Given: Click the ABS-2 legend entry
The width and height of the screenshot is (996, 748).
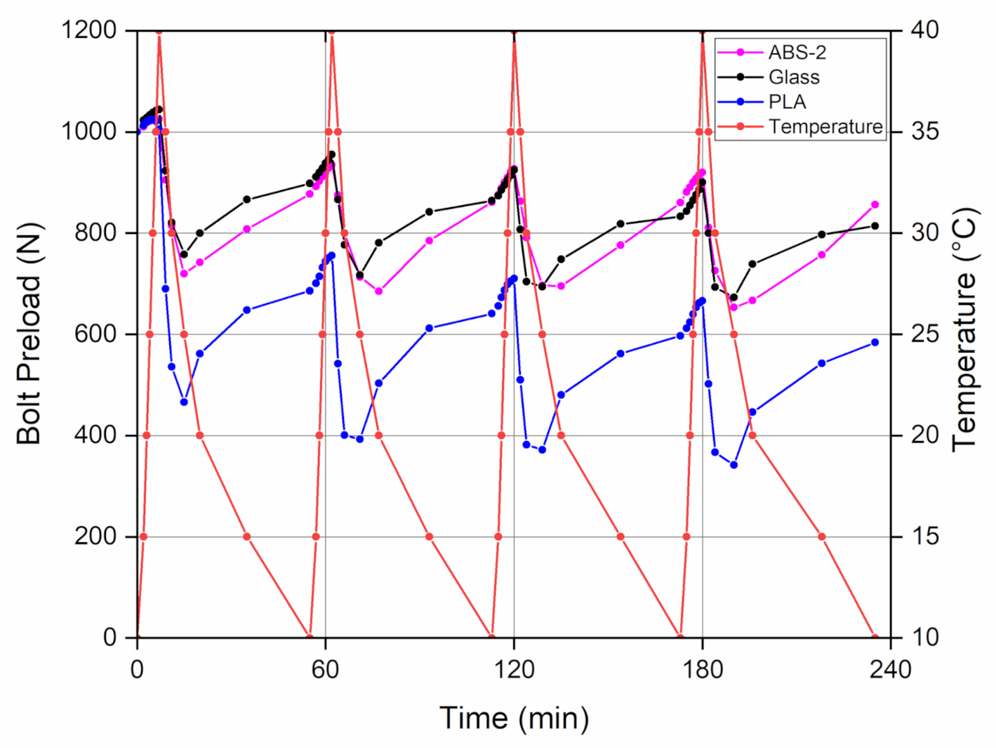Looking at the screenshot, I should (x=797, y=53).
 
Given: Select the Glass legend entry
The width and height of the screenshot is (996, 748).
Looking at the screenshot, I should (x=794, y=77).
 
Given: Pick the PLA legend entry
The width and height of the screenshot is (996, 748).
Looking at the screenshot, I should (x=787, y=102).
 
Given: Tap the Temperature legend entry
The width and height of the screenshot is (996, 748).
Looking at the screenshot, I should (x=825, y=127).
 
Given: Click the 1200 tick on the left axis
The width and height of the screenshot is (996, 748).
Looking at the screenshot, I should (x=89, y=30).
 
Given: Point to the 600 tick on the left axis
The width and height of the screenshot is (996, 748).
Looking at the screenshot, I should (x=95, y=334).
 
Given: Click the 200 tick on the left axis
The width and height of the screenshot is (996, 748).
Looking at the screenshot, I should (x=95, y=536).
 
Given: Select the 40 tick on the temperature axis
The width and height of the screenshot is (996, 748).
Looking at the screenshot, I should (x=924, y=30).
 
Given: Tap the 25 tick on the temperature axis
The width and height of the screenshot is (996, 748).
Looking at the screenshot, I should (x=924, y=334).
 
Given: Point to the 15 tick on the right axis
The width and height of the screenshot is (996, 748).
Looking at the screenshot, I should (x=924, y=536).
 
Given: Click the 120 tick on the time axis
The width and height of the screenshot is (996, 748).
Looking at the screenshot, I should (x=514, y=669).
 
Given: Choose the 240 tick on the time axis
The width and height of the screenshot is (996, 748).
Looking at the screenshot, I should (x=891, y=669).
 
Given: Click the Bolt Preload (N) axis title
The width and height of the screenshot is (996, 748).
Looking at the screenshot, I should (x=29, y=334).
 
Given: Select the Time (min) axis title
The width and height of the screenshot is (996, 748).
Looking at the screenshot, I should (x=514, y=718).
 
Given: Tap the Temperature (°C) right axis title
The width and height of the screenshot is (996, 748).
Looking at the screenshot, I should (x=966, y=330).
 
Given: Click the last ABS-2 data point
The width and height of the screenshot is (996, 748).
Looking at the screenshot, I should (x=875, y=204).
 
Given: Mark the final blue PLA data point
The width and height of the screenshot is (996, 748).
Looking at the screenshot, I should (x=875, y=342).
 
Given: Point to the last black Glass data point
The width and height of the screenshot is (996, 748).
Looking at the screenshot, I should (x=875, y=225).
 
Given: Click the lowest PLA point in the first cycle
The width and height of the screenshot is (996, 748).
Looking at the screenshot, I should (x=184, y=402).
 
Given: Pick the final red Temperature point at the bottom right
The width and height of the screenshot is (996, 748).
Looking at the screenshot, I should (x=875, y=637).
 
